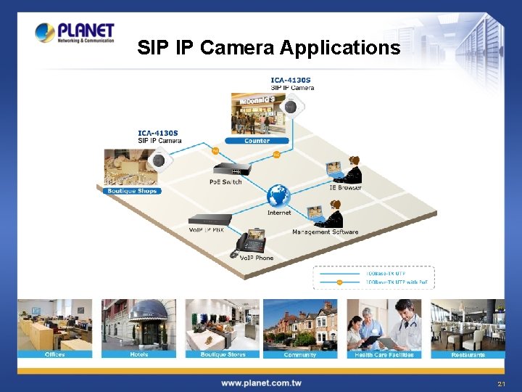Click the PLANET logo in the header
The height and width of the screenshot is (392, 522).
click(74, 33)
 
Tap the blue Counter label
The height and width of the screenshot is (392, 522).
click(257, 141)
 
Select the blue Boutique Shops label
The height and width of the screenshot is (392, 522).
click(131, 191)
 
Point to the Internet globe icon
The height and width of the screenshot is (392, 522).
click(278, 196)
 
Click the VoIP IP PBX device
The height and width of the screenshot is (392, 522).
click(210, 219)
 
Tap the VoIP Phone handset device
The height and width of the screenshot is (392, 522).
click(249, 242)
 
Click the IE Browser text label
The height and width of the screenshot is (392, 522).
click(345, 188)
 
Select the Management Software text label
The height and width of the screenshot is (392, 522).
click(325, 232)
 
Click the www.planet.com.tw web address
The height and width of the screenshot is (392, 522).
click(261, 383)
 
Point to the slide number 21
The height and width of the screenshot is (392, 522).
click(501, 383)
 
